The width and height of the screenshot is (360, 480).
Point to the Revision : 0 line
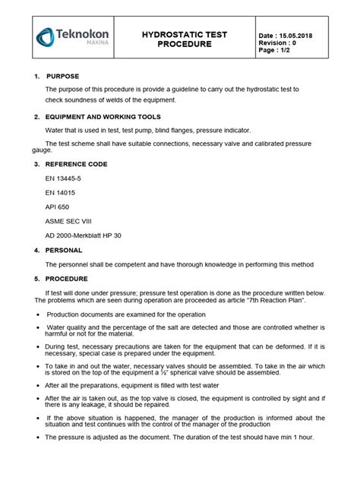pos(280,43)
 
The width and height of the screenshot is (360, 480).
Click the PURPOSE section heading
pos(68,77)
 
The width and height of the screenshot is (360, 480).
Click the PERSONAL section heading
pos(68,250)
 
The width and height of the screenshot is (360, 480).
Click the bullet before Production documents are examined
pos(38,314)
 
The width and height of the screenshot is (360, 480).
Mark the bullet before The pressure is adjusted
pos(38,437)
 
